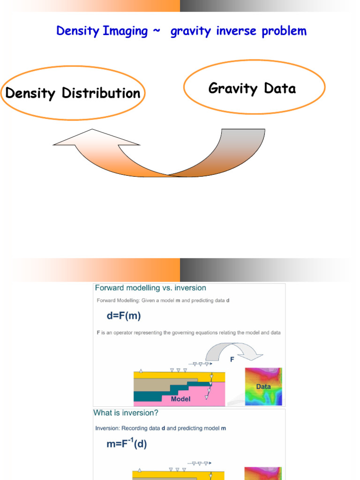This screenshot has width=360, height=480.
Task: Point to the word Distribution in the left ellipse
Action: pos(101,93)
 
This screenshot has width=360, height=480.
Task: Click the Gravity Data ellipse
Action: pos(254,88)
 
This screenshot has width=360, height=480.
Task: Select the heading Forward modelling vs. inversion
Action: pos(150,288)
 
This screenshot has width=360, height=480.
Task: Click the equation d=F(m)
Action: pos(124,315)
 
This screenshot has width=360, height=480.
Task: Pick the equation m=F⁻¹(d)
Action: pos(127,443)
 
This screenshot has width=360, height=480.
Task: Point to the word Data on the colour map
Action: pos(263,387)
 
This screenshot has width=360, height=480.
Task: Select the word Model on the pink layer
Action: pos(180,399)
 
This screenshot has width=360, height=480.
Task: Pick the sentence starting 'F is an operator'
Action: pos(188,332)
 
